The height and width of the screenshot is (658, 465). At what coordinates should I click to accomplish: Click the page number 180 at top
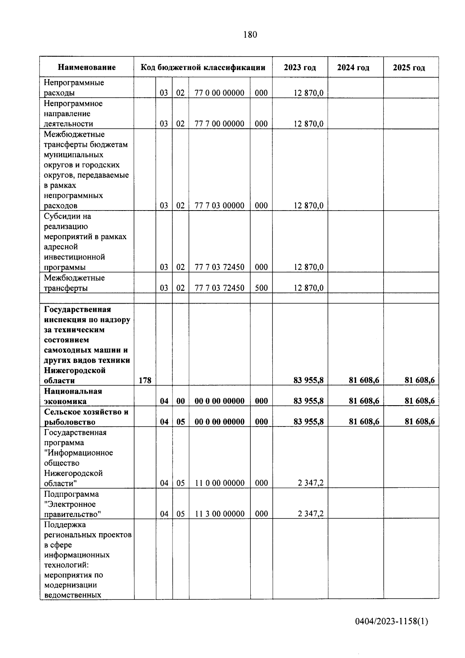tap(250, 35)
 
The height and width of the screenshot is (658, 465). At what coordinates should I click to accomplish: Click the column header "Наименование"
tap(87, 67)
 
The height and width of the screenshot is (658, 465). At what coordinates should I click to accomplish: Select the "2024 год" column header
tap(353, 68)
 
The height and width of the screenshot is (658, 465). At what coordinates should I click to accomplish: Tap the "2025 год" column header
tap(409, 68)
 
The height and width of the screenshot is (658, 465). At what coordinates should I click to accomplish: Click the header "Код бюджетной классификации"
tap(203, 67)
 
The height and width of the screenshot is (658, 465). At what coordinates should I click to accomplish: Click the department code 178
tap(145, 380)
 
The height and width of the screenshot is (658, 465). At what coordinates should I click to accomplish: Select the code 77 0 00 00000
tap(219, 93)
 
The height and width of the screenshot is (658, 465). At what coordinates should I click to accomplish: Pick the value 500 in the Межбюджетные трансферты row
tap(261, 288)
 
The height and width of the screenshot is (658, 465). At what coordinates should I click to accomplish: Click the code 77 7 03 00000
tap(219, 206)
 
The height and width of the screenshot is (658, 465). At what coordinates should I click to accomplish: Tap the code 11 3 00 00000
tap(219, 514)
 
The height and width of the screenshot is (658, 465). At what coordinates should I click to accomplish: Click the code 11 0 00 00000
tap(219, 483)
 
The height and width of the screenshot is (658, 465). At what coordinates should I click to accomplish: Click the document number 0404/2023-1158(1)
tap(391, 622)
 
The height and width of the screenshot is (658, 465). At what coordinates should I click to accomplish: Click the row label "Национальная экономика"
tap(73, 396)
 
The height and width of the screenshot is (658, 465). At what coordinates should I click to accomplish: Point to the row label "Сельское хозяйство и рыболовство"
tap(86, 417)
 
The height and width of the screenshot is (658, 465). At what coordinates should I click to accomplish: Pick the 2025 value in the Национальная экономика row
tap(420, 401)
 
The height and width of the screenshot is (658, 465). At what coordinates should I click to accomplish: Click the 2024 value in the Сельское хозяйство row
tap(364, 422)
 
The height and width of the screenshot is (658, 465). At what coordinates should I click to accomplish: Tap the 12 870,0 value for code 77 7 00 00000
tap(308, 124)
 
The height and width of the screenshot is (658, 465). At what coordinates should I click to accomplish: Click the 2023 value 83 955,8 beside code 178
tap(308, 380)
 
